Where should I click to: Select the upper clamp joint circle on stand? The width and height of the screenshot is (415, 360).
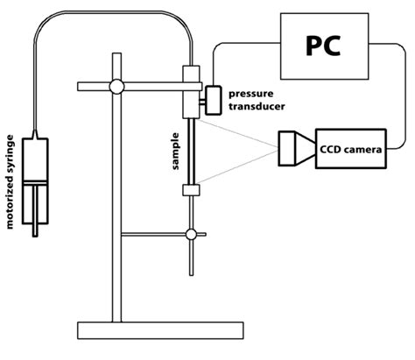click(116, 86)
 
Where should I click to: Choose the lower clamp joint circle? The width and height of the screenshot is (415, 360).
click(190, 234)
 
